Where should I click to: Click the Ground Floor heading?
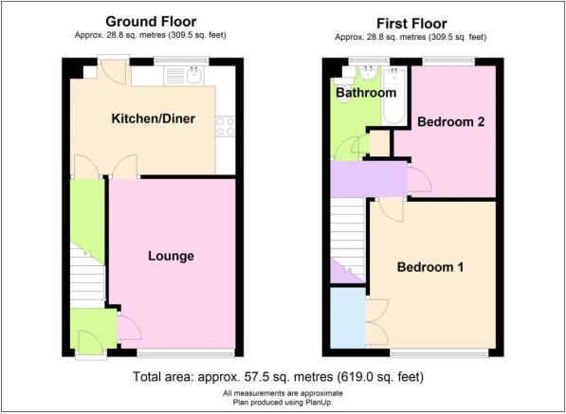click(x=151, y=22)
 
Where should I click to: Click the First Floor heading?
click(x=411, y=24)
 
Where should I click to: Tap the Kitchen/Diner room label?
click(x=153, y=118)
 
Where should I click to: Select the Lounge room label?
click(x=171, y=256)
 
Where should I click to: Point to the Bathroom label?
click(x=366, y=93)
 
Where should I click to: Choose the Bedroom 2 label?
click(x=451, y=122)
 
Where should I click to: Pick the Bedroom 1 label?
click(x=429, y=267)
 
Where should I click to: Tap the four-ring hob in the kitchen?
click(x=226, y=126)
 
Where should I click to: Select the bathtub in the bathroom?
click(x=393, y=95)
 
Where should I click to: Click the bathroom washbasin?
click(x=368, y=73)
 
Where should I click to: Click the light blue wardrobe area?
click(x=348, y=317)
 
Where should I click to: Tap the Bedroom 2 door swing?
click(x=419, y=179)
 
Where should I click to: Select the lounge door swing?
click(x=129, y=327)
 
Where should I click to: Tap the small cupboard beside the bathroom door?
click(x=380, y=144)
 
